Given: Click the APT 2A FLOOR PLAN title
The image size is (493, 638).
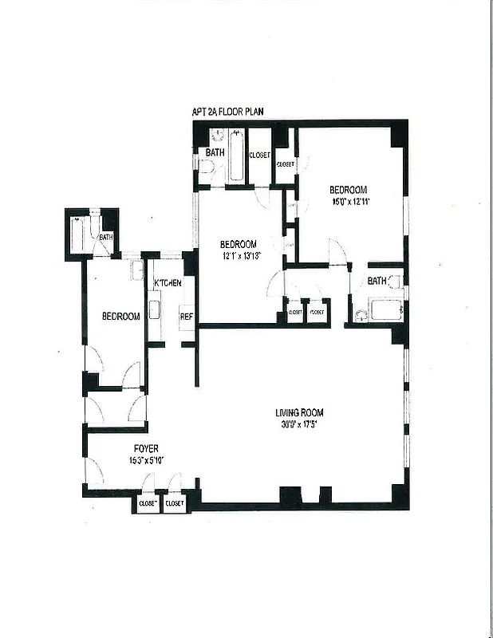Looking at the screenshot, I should [227, 112].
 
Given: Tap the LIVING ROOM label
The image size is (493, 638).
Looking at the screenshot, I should [299, 412].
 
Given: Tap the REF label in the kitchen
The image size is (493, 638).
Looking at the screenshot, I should [187, 317].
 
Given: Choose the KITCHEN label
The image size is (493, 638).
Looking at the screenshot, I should [168, 283].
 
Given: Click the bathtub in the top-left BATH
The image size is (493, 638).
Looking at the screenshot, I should [237, 164].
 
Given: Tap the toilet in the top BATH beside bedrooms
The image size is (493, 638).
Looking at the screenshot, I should [206, 168].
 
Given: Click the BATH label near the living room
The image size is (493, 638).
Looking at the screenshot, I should [377, 281].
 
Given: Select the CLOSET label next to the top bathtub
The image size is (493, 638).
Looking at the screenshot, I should [259, 155].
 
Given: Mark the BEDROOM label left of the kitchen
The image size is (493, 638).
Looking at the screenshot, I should [120, 317].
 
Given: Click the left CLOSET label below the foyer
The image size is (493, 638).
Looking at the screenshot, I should [148, 504].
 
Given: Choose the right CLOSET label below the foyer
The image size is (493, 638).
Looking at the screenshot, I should [175, 504].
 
